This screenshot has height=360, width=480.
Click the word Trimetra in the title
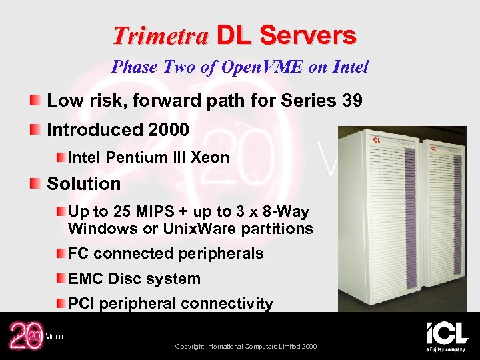(x=160, y=36)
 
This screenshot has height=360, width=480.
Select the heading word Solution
(x=84, y=184)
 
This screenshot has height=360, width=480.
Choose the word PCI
(x=81, y=304)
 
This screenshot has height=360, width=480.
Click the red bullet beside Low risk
(x=35, y=101)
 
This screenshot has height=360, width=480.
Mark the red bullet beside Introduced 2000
(x=35, y=129)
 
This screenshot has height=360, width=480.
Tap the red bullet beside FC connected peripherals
(x=59, y=253)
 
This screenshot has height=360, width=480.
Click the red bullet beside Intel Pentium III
(x=59, y=157)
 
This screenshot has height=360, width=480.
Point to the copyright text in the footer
(x=245, y=346)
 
